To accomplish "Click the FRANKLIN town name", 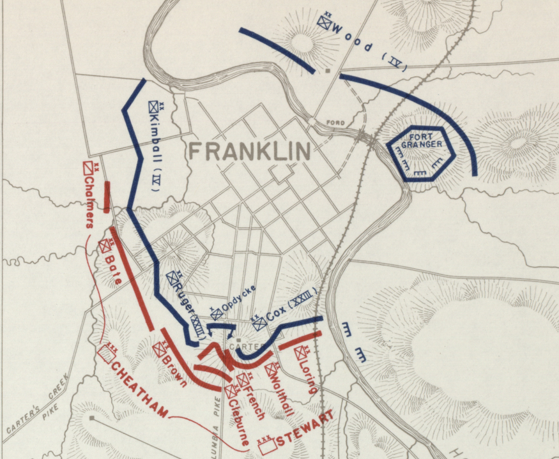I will click(x=250, y=151).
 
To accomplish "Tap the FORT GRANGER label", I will click(x=422, y=140).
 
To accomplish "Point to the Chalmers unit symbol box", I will click(x=89, y=168).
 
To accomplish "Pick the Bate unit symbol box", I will click(x=105, y=246).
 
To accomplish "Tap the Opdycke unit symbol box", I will click(x=217, y=313).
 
